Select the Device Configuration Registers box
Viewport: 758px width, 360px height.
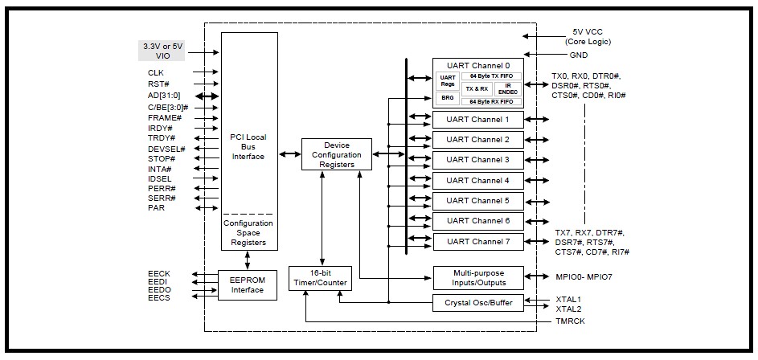click(x=337, y=154)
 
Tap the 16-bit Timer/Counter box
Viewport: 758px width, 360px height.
click(x=322, y=279)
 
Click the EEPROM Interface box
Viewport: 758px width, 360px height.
click(x=248, y=284)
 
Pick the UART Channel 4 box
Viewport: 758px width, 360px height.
click(x=477, y=180)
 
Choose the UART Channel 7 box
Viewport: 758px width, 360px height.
click(x=477, y=241)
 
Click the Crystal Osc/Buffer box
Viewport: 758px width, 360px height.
click(x=477, y=304)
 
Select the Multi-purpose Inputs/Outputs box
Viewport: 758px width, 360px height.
click(x=477, y=278)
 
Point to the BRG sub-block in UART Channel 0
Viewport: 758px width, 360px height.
click(x=448, y=98)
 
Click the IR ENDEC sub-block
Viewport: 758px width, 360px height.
click(x=508, y=89)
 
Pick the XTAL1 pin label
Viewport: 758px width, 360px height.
click(x=568, y=299)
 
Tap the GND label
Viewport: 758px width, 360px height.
click(x=579, y=55)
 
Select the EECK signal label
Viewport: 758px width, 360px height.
click(x=159, y=274)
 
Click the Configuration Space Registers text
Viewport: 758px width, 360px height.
click(x=248, y=233)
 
